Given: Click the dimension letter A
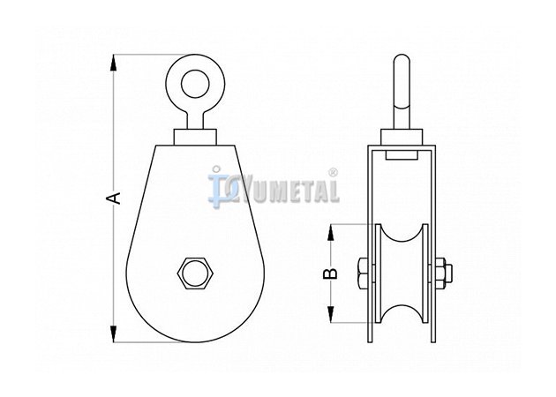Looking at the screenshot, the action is [x=114, y=198].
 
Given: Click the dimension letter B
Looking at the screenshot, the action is [x=330, y=273].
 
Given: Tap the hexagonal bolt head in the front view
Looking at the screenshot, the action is [x=195, y=273].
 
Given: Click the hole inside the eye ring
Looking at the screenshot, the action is [x=195, y=84].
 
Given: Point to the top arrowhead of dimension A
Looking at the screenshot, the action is [x=114, y=64].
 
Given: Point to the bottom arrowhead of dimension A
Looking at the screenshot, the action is [x=114, y=333].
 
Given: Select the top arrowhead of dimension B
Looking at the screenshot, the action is [x=330, y=233].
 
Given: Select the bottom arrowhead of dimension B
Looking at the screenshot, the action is [x=330, y=314].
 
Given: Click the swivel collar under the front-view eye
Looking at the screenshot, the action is [x=195, y=137].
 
